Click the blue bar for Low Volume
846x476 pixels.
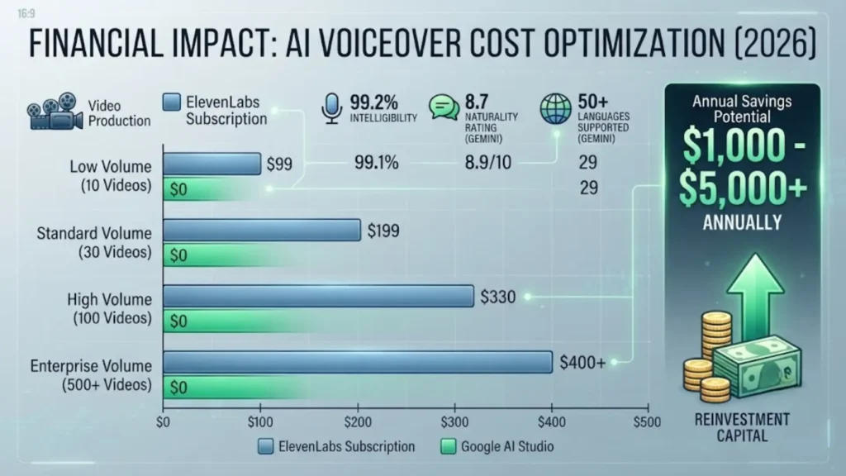212,164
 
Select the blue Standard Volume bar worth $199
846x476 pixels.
262,230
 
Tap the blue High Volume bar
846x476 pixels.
318,297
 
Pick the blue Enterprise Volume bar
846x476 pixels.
358,362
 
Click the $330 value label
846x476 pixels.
497,297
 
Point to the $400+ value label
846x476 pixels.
582,363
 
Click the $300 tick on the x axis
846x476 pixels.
455,422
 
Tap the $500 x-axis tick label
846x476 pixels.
647,422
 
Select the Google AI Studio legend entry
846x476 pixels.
497,446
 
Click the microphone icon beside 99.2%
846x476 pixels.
332,108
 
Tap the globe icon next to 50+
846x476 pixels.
556,108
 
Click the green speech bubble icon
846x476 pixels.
444,107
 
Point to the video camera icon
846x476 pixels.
55,112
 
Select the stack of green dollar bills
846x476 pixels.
757,366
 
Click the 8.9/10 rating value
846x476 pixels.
487,163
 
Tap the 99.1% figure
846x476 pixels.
376,163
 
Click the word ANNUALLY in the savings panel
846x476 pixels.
742,222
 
